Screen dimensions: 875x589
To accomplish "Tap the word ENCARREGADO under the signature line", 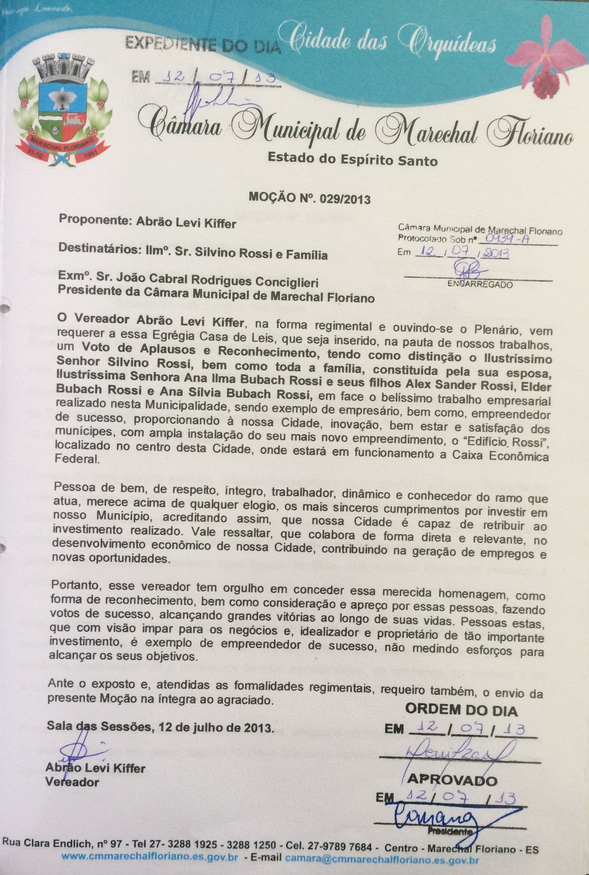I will tap(480, 285).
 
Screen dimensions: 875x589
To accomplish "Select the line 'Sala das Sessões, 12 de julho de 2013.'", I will tap(160, 728).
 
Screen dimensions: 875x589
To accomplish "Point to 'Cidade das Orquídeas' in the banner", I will tap(393, 42).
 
